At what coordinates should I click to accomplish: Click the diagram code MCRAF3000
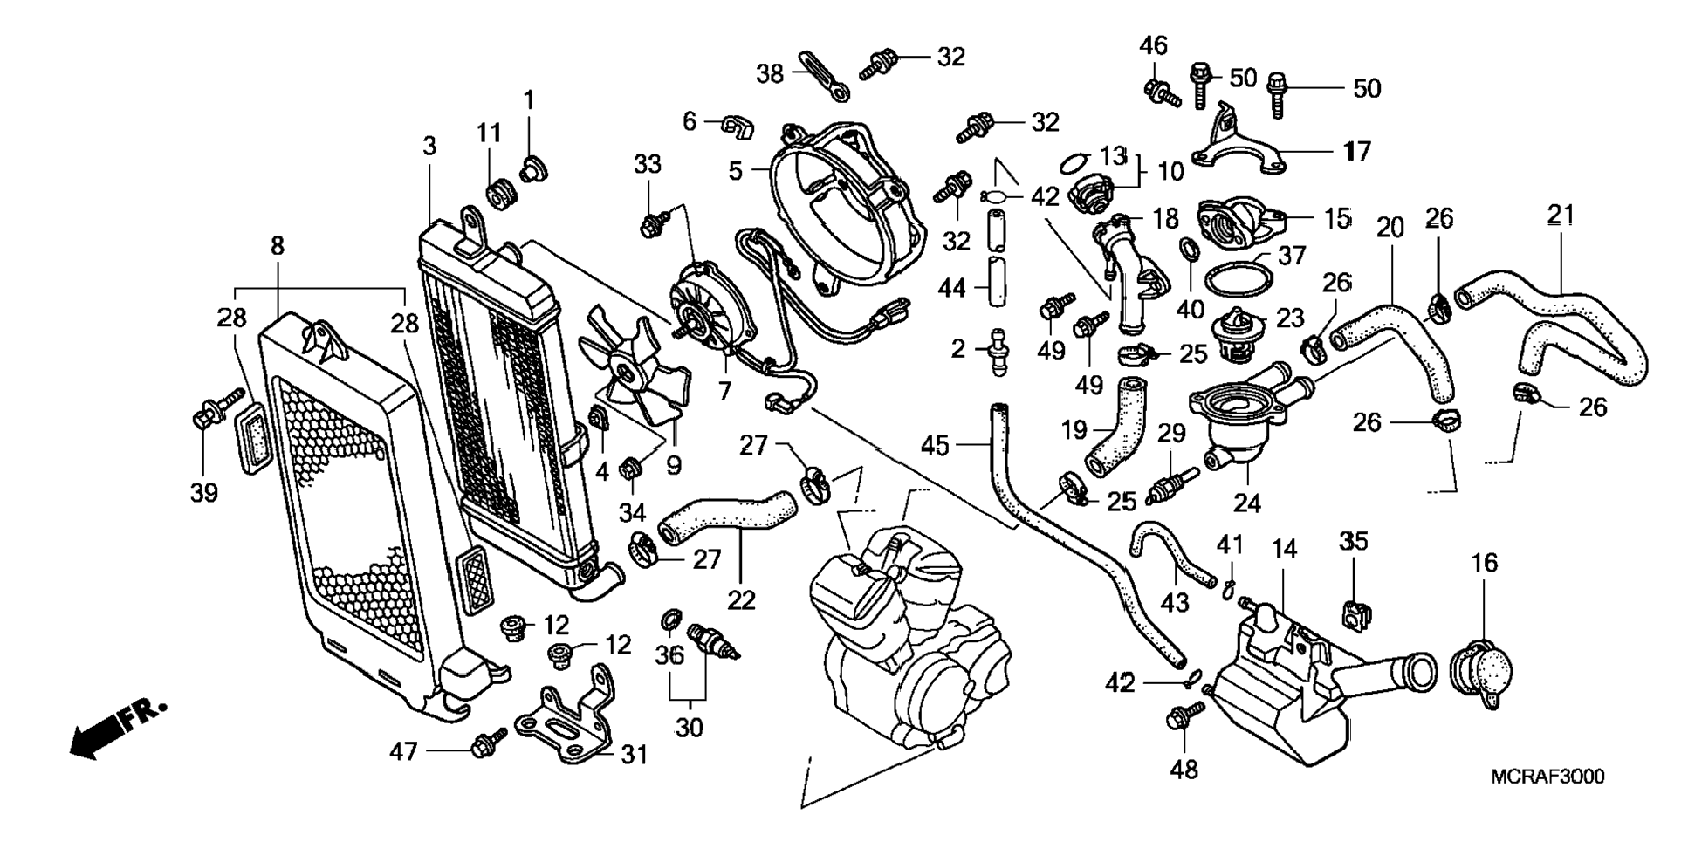point(1547,777)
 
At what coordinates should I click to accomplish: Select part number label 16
point(1484,564)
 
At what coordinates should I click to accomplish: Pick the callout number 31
point(635,754)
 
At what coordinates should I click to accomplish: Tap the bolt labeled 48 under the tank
point(1183,719)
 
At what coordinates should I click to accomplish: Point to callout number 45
point(935,446)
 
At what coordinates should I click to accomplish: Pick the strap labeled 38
point(823,76)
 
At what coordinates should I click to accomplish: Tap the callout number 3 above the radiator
point(429,146)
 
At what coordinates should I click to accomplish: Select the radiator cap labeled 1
point(531,168)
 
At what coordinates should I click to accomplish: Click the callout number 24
point(1246,503)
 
